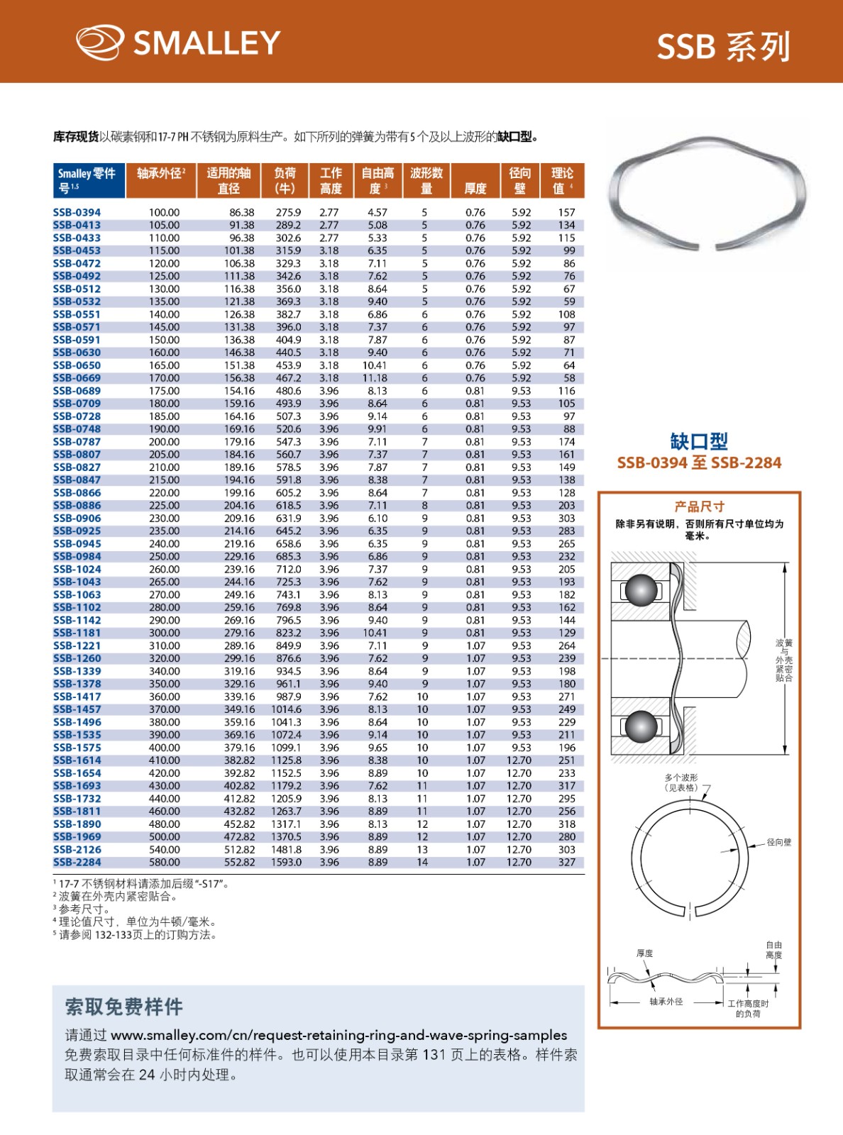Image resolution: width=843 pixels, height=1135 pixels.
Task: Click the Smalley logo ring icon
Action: tap(100, 43)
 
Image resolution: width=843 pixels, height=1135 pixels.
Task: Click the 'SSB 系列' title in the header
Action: tap(722, 47)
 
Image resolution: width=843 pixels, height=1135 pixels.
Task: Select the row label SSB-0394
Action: tap(77, 212)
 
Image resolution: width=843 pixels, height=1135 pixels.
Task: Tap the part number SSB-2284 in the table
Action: tap(77, 862)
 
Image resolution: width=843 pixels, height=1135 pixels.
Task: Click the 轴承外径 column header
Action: tap(161, 174)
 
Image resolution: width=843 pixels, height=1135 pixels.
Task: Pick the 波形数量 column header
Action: tap(426, 181)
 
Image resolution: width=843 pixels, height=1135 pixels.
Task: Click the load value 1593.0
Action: tap(286, 862)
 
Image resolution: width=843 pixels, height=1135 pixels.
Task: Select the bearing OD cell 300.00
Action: tap(164, 633)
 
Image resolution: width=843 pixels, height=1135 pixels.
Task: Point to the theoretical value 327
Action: tap(566, 862)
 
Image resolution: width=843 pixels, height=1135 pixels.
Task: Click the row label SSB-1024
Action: tap(77, 569)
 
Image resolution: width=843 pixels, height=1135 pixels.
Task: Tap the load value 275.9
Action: tap(288, 212)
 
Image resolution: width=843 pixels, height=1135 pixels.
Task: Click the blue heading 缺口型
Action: tap(699, 441)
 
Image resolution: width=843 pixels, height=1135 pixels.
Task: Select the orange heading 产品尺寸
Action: tap(699, 506)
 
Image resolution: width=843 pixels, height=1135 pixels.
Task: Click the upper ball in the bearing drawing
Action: tap(641, 589)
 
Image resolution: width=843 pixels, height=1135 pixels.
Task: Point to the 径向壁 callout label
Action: tap(778, 842)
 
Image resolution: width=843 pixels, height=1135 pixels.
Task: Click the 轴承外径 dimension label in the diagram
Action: tap(666, 1002)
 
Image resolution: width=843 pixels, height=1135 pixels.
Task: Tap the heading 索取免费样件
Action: tap(124, 1007)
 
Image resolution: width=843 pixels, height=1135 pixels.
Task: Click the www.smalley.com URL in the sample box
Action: tap(339, 1035)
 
